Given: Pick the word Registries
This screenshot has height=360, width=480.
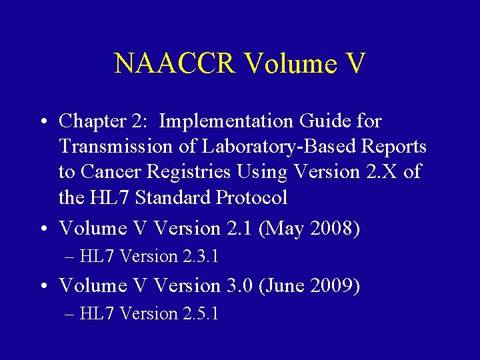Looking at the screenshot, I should [187, 172].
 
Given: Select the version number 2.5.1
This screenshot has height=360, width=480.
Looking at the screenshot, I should [199, 314].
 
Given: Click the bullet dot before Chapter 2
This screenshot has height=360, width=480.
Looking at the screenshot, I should [43, 123].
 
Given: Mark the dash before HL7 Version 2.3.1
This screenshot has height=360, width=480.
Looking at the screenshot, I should [70, 257].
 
